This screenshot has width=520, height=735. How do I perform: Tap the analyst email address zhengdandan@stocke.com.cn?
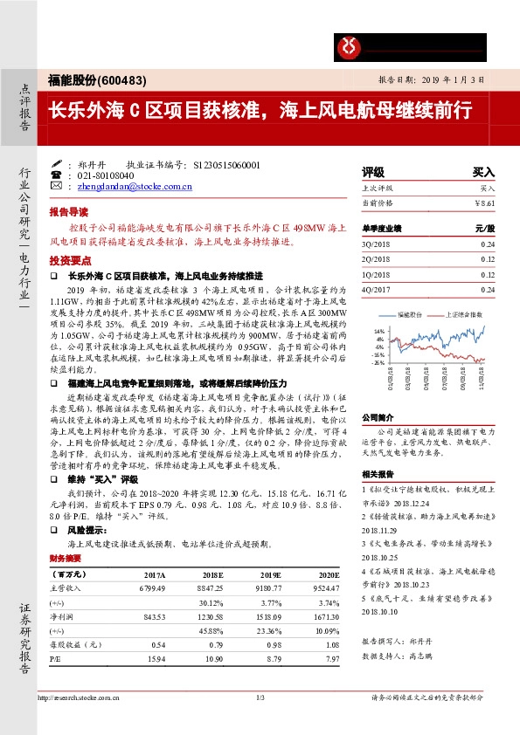134,186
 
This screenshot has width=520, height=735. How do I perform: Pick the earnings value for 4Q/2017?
487,289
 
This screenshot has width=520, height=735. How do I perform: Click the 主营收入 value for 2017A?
151,588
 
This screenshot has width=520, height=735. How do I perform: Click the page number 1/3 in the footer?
260,697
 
